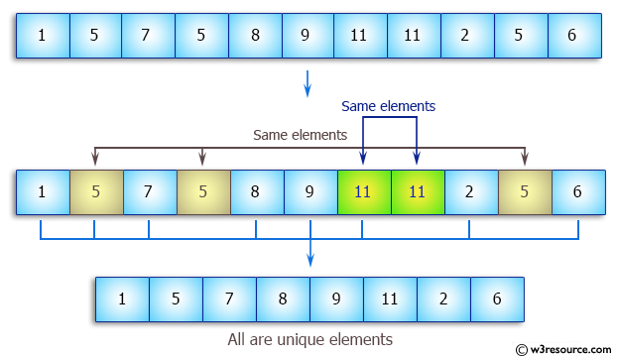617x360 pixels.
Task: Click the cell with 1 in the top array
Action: pos(42,36)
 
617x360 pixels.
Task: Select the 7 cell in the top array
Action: pos(146,36)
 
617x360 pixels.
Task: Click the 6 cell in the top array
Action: pos(572,36)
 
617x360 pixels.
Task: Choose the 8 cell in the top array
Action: pos(255,36)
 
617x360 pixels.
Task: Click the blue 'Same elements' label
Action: pos(388,105)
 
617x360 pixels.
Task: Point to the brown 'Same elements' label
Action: pos(300,134)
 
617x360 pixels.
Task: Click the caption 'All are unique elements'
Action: pos(309,339)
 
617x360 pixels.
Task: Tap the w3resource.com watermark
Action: pos(566,349)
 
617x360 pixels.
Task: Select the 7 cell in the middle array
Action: pos(150,192)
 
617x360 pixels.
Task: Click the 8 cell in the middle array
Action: pos(257,192)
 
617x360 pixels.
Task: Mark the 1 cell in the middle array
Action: pos(43,192)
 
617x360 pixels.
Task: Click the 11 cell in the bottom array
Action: pos(390,298)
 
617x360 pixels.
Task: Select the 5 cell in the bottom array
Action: pos(176,298)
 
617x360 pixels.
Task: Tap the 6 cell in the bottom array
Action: pos(497,298)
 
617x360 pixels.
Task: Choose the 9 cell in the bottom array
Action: pos(336,298)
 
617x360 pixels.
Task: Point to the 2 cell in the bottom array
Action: pos(443,298)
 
